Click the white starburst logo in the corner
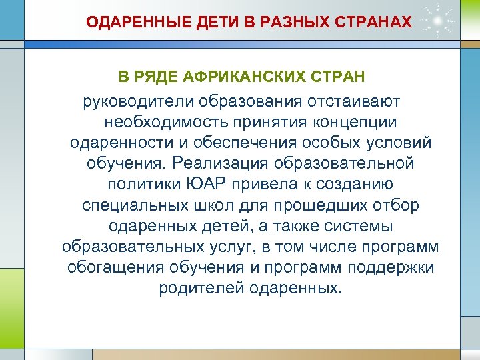click(437, 19)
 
